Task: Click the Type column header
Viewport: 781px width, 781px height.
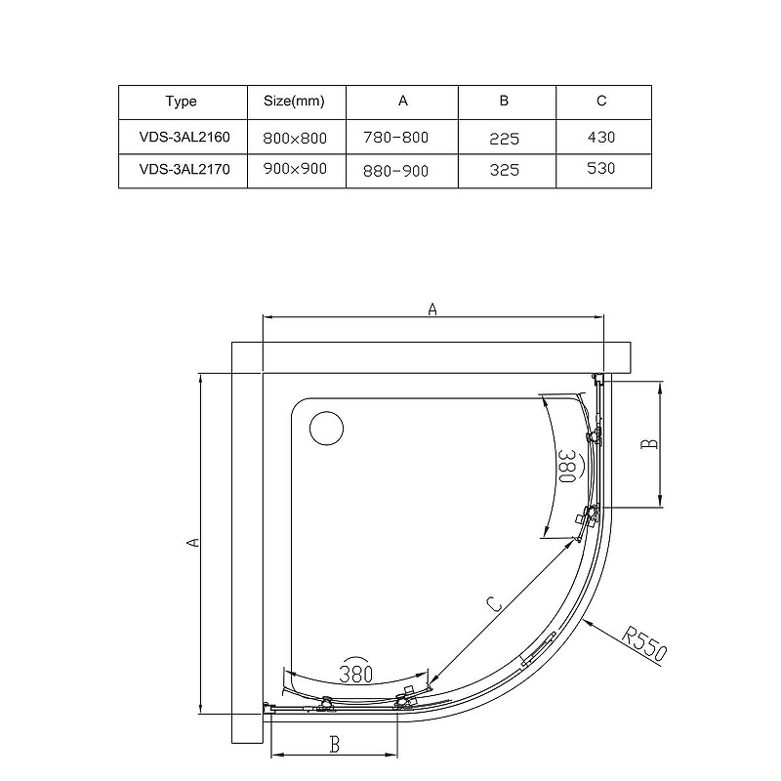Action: click(182, 102)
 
